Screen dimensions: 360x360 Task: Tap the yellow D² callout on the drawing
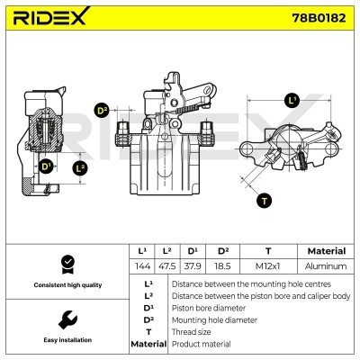click(102, 110)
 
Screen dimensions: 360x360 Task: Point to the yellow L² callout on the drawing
click(81, 166)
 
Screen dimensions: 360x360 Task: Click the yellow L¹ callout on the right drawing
click(292, 100)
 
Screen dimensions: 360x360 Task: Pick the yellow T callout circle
click(262, 200)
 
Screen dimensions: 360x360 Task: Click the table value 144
click(140, 266)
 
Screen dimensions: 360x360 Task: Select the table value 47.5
click(166, 266)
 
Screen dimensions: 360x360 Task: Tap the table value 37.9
click(193, 266)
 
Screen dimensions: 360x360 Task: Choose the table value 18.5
click(219, 266)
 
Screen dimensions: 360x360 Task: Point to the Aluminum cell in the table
click(325, 266)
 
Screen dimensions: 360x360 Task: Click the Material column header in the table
click(325, 251)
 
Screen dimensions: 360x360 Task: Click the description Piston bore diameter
click(207, 308)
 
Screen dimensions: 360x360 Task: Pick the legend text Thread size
click(192, 332)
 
